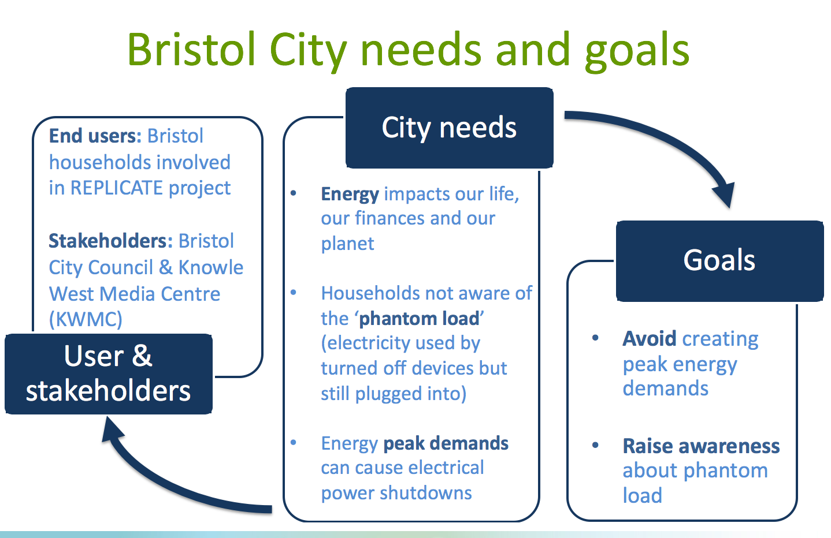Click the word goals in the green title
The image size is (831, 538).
[637, 52]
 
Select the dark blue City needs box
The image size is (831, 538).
[449, 128]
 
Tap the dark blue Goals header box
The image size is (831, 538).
[719, 261]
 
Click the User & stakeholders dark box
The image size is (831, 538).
[108, 373]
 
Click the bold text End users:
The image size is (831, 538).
[95, 136]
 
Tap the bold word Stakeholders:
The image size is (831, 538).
[110, 241]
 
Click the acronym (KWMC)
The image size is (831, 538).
[86, 319]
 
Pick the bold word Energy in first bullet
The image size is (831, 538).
[350, 195]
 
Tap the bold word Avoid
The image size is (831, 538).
[650, 338]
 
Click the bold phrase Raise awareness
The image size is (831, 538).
[701, 446]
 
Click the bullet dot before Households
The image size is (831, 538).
[294, 293]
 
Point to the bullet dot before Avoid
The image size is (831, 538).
[595, 338]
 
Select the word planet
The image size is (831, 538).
[348, 244]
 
